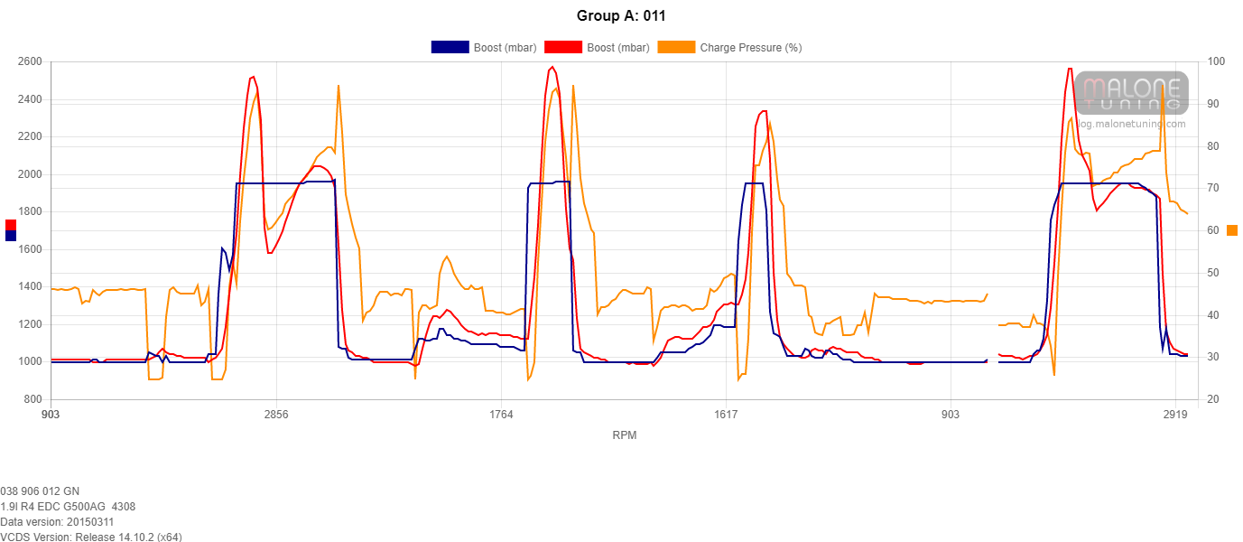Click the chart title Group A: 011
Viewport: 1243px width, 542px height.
click(x=621, y=15)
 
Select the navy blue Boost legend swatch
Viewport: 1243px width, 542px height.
click(x=450, y=48)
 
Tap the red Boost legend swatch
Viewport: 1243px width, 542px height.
click(x=562, y=48)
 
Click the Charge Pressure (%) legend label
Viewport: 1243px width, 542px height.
click(x=750, y=48)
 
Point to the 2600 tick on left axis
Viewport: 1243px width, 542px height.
click(x=29, y=61)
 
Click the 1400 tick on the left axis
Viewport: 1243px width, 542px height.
click(x=29, y=286)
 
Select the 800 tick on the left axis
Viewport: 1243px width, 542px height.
click(x=32, y=399)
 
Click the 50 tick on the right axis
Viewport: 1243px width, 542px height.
click(x=1211, y=273)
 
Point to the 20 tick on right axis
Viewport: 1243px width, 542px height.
click(x=1211, y=399)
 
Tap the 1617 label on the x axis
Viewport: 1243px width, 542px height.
click(x=726, y=415)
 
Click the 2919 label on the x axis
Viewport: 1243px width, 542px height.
click(x=1175, y=415)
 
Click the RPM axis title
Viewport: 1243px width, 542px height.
click(x=624, y=435)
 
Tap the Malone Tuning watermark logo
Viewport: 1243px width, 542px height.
click(x=1131, y=94)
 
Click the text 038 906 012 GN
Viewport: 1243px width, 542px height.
click(x=41, y=491)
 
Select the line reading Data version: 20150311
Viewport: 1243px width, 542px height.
click(x=57, y=522)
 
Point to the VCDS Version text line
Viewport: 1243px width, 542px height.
click(x=91, y=537)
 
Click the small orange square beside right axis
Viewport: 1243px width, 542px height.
click(x=1232, y=230)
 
